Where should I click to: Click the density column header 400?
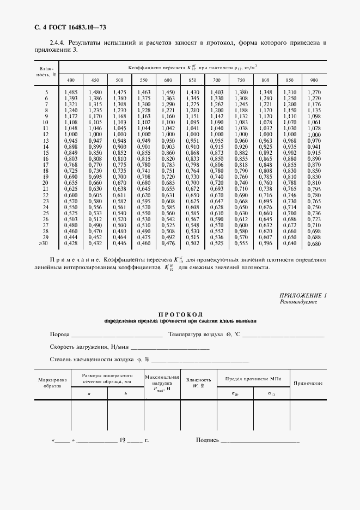(x=71, y=80)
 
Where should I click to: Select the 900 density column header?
(x=314, y=80)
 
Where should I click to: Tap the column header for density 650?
(x=192, y=80)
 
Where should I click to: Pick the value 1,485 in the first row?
(x=71, y=92)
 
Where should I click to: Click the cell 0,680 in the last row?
(x=314, y=244)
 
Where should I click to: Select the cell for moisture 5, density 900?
(x=314, y=92)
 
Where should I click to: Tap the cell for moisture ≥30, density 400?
(x=71, y=244)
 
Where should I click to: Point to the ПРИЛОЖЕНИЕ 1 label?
(x=302, y=295)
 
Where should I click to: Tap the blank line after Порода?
(x=117, y=335)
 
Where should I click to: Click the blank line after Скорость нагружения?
(x=170, y=348)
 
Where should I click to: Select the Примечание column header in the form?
(x=308, y=383)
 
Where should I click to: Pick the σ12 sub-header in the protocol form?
(x=271, y=393)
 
